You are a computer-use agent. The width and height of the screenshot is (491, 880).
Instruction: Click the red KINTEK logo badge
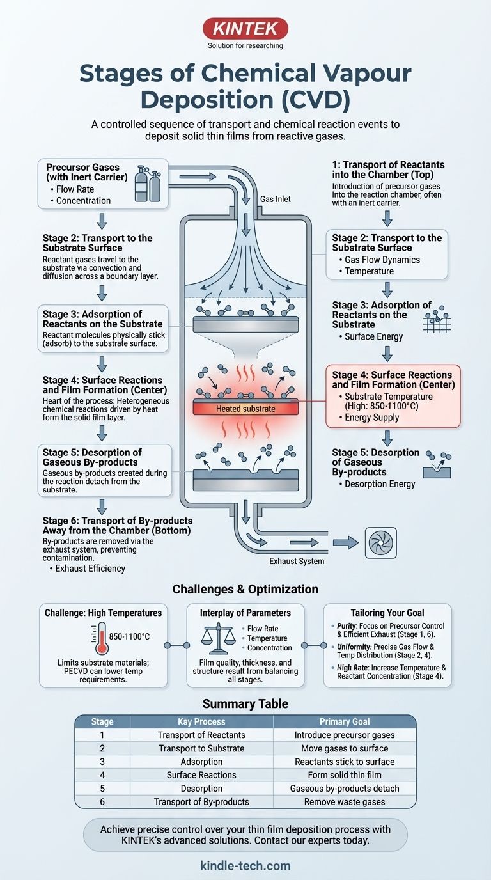pyautogui.click(x=245, y=28)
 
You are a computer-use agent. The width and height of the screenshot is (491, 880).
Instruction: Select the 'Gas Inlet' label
pyautogui.click(x=276, y=200)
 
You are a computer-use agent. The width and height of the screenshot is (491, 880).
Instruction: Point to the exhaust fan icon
pyautogui.click(x=380, y=543)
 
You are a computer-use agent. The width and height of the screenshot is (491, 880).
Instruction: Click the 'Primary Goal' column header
pyautogui.click(x=345, y=721)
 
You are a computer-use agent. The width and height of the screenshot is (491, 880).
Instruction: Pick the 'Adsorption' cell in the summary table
pyautogui.click(x=201, y=762)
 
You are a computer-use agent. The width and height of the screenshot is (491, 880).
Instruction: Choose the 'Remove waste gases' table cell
pyautogui.click(x=345, y=802)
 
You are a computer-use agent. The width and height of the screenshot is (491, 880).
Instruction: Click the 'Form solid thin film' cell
pyautogui.click(x=345, y=775)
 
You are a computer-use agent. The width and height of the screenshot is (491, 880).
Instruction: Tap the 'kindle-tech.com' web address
pyautogui.click(x=245, y=867)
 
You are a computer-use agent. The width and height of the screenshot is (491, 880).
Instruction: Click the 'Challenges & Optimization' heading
pyautogui.click(x=245, y=589)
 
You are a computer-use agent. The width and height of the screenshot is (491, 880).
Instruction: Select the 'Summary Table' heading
pyautogui.click(x=245, y=704)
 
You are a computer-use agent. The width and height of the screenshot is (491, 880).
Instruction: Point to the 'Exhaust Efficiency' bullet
pyautogui.click(x=90, y=569)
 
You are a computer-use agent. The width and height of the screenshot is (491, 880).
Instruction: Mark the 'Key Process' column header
pyautogui.click(x=201, y=721)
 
